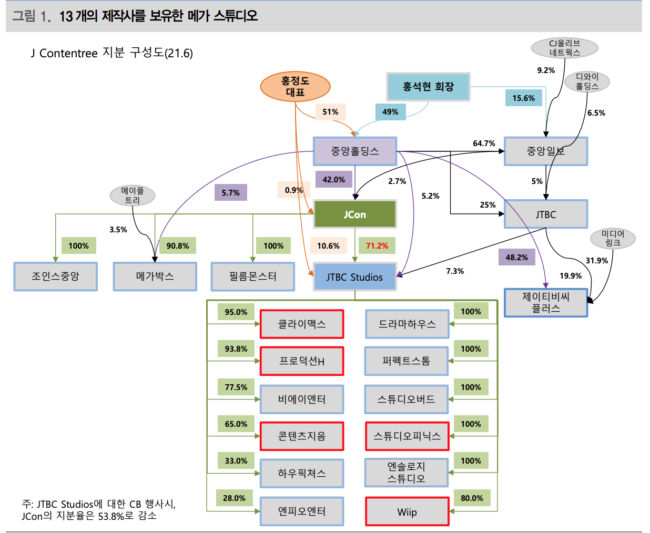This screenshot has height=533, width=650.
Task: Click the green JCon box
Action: (x=354, y=214)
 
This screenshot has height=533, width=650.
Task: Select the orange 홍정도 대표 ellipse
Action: (x=295, y=86)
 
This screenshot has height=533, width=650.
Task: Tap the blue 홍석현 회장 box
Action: (x=428, y=87)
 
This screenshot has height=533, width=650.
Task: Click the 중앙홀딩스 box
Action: (x=354, y=151)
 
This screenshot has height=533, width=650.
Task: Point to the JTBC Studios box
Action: (x=354, y=277)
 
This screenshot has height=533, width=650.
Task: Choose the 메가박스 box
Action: (x=155, y=276)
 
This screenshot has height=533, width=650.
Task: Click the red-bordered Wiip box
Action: (x=407, y=512)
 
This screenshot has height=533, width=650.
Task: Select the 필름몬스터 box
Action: (x=252, y=276)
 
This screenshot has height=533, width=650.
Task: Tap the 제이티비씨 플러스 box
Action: (x=545, y=303)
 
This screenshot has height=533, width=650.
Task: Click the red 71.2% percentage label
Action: (x=377, y=245)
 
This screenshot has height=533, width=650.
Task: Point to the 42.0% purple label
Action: (x=333, y=179)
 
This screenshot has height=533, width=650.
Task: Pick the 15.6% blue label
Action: (x=523, y=98)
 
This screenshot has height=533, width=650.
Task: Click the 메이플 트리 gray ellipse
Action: (x=132, y=196)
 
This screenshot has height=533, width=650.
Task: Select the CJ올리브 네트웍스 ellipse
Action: (x=564, y=48)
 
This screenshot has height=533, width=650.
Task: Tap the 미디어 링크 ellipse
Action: (x=613, y=238)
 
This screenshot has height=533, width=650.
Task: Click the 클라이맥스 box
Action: (x=302, y=324)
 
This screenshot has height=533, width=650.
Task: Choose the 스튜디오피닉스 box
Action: (x=407, y=436)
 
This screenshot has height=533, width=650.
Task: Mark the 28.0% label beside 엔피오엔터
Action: (x=234, y=498)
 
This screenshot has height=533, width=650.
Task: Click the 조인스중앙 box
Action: (x=55, y=276)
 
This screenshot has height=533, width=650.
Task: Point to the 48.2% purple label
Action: (x=516, y=257)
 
